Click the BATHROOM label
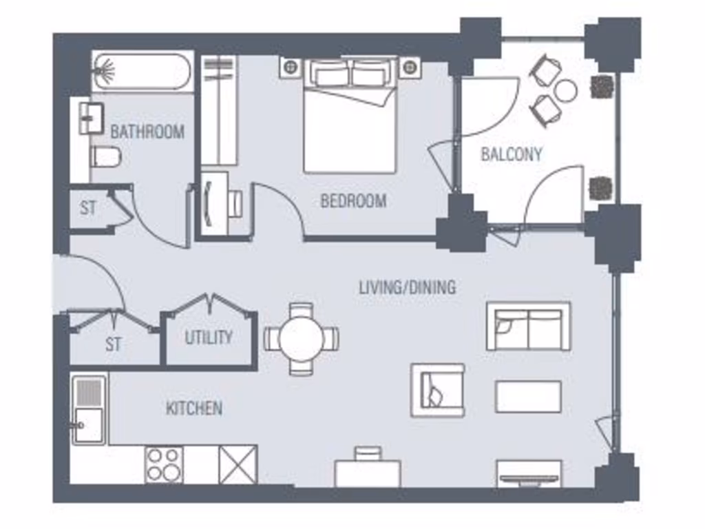[147, 132]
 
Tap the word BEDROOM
[353, 201]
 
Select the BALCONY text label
[511, 154]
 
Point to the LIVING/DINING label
[407, 287]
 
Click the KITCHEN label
[194, 408]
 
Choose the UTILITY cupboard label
[208, 338]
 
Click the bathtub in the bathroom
[141, 72]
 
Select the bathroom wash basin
[90, 118]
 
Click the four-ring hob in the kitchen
[164, 464]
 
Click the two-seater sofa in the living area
[528, 326]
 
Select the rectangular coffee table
[528, 397]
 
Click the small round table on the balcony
[566, 90]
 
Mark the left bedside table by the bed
[291, 67]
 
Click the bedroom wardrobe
[219, 110]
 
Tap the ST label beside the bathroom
[87, 207]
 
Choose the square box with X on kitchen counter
[238, 464]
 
